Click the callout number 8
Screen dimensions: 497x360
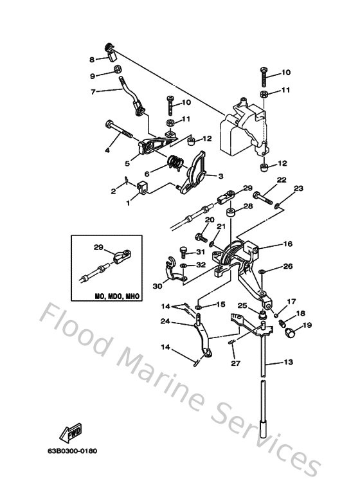click(x=93, y=60)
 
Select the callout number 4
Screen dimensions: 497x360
click(x=107, y=151)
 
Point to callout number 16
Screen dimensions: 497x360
click(x=287, y=244)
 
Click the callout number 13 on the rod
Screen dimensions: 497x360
click(x=287, y=363)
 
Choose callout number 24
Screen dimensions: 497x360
click(x=165, y=321)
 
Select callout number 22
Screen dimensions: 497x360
click(x=281, y=180)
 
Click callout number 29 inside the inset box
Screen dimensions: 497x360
click(x=98, y=248)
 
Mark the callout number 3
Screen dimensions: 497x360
click(x=221, y=176)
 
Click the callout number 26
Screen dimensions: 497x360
click(x=287, y=266)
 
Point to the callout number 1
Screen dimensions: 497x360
click(x=128, y=203)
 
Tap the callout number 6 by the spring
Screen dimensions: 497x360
click(x=147, y=174)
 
